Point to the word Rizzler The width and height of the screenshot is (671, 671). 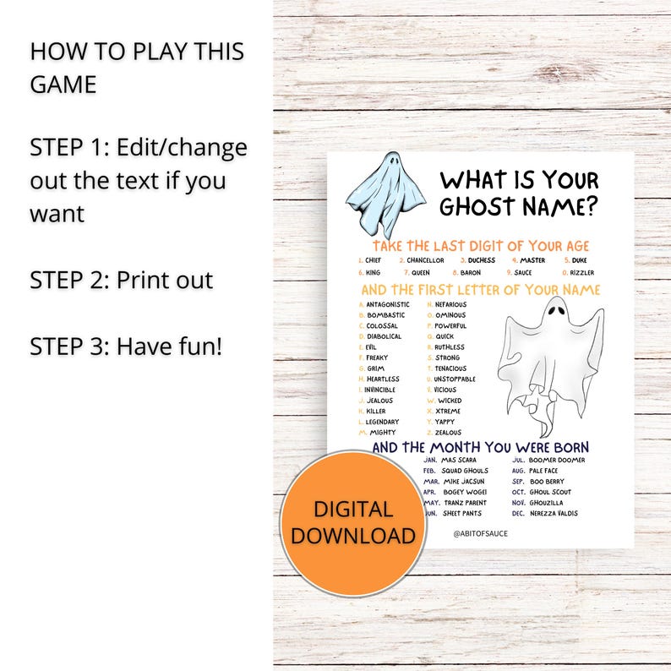(583, 273)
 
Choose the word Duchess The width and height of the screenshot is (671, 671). (482, 260)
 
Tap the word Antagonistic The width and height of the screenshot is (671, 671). (388, 304)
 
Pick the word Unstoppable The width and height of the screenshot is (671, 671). (456, 379)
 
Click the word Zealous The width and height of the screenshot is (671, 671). (448, 432)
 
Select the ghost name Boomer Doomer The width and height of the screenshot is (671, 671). (556, 461)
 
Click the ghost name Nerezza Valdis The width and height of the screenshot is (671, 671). (554, 514)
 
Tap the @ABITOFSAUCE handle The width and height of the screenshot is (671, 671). (481, 534)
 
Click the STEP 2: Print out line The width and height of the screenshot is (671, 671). (122, 280)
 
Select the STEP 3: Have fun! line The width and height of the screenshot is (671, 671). (126, 346)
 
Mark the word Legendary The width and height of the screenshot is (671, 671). (383, 422)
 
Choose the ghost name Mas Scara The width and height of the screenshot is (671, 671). (461, 461)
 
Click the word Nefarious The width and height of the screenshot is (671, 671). (450, 304)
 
